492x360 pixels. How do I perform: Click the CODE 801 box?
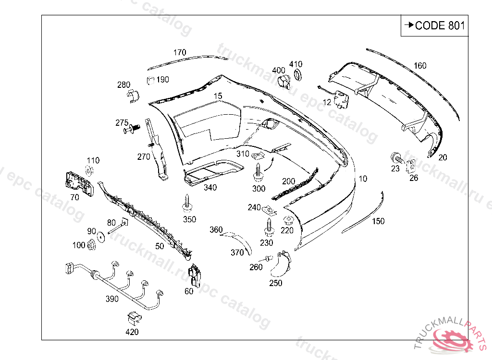click(x=434, y=26)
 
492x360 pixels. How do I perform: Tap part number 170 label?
click(x=180, y=52)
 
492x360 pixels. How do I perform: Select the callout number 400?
click(x=279, y=71)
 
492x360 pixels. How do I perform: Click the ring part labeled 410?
click(x=298, y=74)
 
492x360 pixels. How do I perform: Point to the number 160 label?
click(x=420, y=66)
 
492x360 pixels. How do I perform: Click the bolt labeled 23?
click(x=397, y=157)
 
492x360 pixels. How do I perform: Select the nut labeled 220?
click(x=288, y=221)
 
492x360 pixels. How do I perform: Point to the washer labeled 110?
click(x=89, y=171)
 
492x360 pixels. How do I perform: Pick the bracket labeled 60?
click(x=196, y=274)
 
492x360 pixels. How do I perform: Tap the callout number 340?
click(x=210, y=188)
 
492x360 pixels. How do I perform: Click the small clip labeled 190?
click(x=150, y=80)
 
